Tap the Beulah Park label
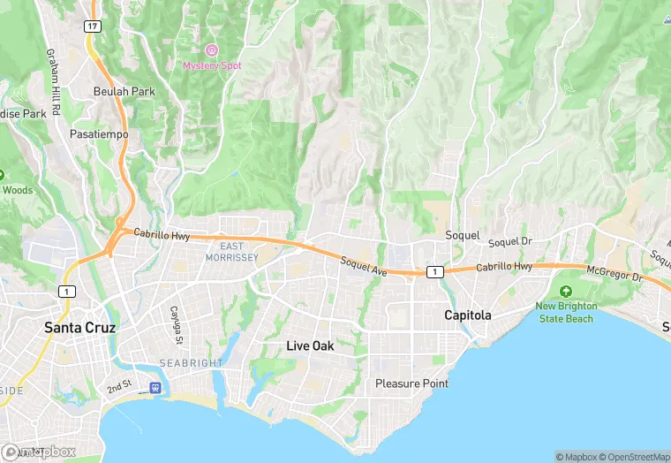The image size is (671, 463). (x=124, y=91)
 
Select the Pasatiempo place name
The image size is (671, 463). (x=99, y=134)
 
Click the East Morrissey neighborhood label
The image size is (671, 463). (x=231, y=252)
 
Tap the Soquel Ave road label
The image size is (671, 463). (x=364, y=266)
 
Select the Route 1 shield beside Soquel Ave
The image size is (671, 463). (x=434, y=272)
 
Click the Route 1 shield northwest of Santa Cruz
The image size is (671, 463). (x=67, y=292)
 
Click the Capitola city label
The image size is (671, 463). (x=467, y=315)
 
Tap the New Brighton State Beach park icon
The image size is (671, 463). (x=566, y=292)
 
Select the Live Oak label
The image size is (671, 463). (x=310, y=346)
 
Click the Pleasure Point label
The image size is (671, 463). (x=411, y=383)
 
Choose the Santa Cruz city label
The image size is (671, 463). (x=80, y=327)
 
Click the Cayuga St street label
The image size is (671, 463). (x=177, y=326)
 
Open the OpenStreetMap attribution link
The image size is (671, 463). (x=633, y=456)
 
